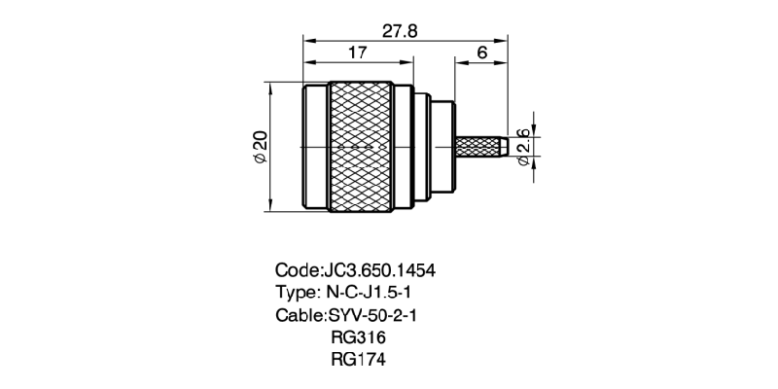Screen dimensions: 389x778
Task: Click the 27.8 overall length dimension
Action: pyautogui.click(x=400, y=31)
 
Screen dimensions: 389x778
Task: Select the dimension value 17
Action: pyautogui.click(x=356, y=53)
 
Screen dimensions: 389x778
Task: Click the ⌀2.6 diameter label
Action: pyautogui.click(x=524, y=146)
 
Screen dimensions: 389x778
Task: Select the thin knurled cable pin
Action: pyautogui.click(x=480, y=146)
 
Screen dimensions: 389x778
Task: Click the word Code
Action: pyautogui.click(x=297, y=269)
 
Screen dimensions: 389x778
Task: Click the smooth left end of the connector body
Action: pyautogui.click(x=313, y=145)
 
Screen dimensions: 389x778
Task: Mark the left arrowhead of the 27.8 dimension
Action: pyautogui.click(x=308, y=40)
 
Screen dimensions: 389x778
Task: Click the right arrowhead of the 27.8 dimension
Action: pyautogui.click(x=503, y=40)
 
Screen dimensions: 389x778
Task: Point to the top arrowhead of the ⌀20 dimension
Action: pyautogui.click(x=271, y=87)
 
